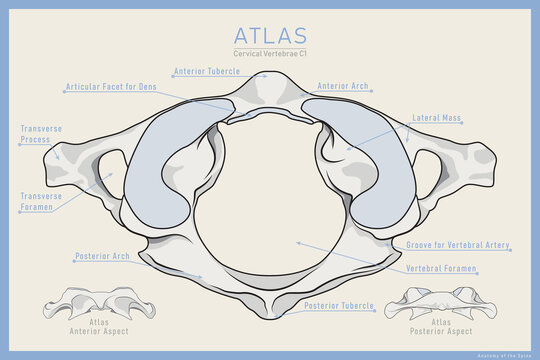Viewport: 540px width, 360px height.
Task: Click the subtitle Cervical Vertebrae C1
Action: (x=269, y=53)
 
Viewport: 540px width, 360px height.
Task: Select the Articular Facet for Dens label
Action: (x=110, y=87)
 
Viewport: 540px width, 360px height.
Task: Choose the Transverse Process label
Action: (x=35, y=135)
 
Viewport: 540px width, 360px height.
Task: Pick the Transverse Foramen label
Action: (x=41, y=203)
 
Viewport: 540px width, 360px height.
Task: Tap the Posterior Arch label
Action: (x=102, y=256)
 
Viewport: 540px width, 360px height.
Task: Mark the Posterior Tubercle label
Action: (x=339, y=305)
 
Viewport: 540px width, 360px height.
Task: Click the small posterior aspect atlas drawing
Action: (x=443, y=300)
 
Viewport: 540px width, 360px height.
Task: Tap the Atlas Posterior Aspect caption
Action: (x=441, y=326)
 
